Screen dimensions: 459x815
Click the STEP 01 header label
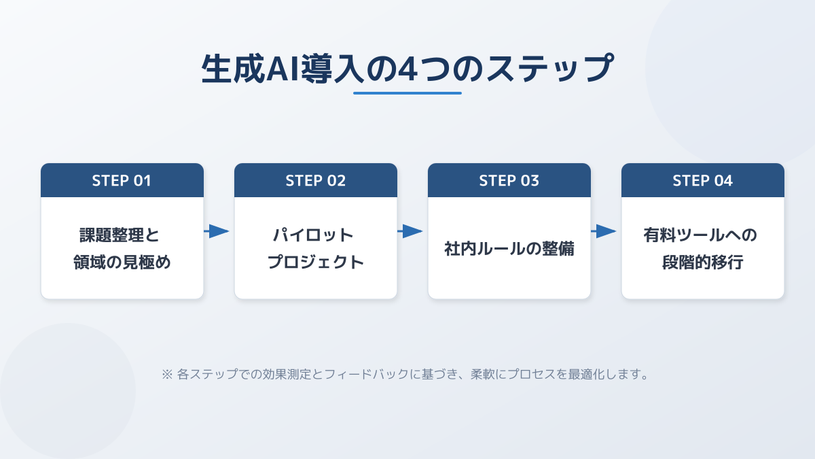coord(122,181)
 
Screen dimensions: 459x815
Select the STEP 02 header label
coord(316,181)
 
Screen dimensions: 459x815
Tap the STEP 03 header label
coord(509,181)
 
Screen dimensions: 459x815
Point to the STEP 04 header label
coord(703,181)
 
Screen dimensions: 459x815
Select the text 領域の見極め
coord(122,262)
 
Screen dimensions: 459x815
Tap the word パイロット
coord(313,236)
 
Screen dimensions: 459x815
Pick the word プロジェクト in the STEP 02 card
coord(316,262)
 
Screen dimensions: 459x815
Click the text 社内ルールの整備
coord(509,249)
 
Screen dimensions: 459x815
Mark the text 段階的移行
coord(703,262)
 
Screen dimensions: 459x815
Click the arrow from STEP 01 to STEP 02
coord(217,232)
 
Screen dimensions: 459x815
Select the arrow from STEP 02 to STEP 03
coord(411,232)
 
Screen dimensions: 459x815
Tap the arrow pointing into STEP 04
coord(604,232)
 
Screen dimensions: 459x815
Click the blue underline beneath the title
coord(407,93)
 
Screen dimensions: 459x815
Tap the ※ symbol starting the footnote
coord(167,375)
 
